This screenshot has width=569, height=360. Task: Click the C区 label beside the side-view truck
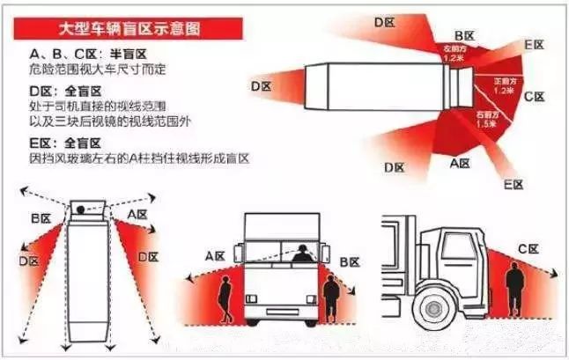pos(529,250)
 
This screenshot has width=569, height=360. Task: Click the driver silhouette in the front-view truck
pos(302,253)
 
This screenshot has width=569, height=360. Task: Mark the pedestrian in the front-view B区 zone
pos(331,298)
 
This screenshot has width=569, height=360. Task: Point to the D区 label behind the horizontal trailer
pos(261,85)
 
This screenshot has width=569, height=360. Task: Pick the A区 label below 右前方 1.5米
pos(459,163)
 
